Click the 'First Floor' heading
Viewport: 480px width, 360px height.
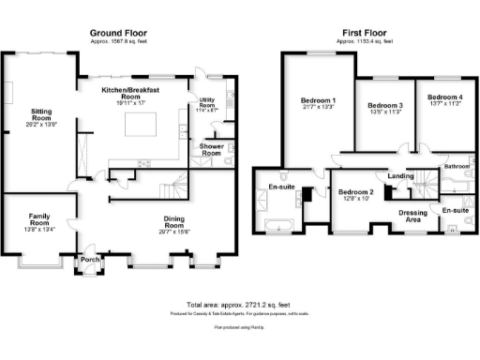point(359,33)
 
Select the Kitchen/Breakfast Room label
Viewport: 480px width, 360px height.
point(134,92)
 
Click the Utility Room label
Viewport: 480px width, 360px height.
point(207,103)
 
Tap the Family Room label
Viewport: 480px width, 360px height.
point(38,219)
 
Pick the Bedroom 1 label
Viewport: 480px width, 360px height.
point(318,102)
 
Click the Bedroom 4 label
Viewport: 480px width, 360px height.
point(444,97)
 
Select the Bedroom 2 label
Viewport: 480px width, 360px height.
point(355,193)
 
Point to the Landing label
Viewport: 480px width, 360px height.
point(401,175)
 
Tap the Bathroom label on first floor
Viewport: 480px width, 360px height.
point(457,166)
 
